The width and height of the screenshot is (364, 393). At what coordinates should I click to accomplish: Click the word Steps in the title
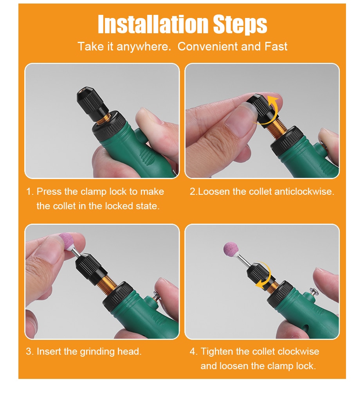(x=240, y=25)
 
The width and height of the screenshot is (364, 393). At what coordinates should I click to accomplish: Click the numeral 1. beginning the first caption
(x=29, y=192)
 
